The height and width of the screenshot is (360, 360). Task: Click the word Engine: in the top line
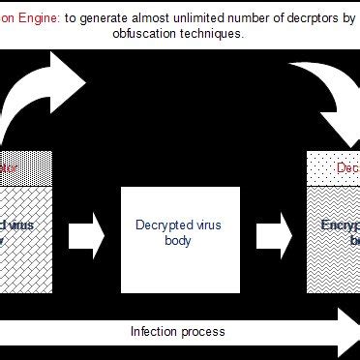38,16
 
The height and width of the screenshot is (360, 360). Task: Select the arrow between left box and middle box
88,232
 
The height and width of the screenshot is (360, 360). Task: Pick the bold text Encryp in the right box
341,225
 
